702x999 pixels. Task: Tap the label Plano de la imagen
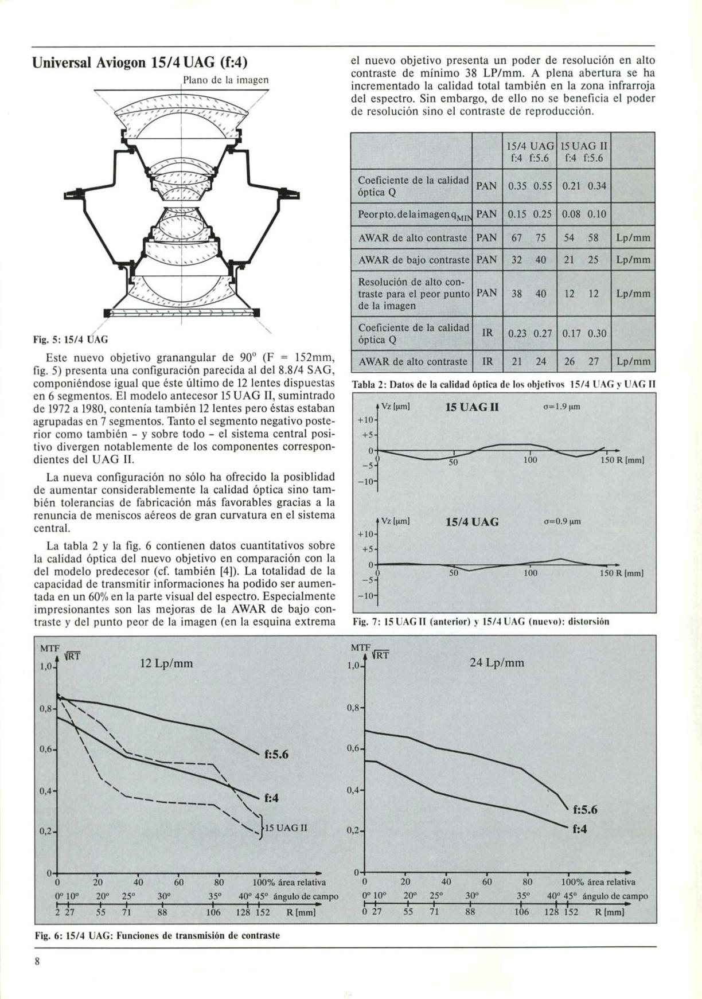pos(225,80)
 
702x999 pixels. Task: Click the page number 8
pos(37,962)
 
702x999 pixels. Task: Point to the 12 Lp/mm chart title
pos(166,664)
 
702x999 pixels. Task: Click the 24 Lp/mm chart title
pos(497,663)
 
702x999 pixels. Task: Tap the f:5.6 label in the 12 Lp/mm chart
pos(276,754)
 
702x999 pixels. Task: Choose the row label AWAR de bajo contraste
pos(413,260)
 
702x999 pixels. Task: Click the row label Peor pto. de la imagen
pos(413,214)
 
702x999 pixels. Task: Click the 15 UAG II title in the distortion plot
pos(472,408)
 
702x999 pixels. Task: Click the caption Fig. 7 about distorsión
pos(481,621)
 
